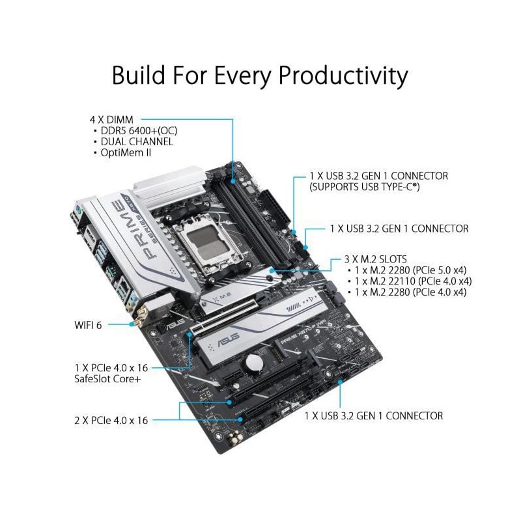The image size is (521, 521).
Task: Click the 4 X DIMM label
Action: (112, 120)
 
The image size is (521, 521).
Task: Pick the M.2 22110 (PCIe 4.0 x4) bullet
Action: (410, 281)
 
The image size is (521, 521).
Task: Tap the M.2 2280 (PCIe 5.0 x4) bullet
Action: (407, 270)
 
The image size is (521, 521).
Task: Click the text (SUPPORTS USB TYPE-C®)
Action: (365, 186)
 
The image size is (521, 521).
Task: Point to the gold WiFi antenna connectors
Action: (139, 319)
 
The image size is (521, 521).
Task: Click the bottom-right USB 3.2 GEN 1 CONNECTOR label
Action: (373, 415)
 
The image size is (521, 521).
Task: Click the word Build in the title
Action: (138, 75)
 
